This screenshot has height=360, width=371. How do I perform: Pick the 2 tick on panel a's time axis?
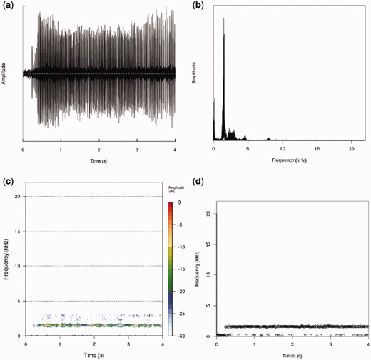(99, 150)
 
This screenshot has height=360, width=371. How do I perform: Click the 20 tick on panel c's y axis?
(19, 197)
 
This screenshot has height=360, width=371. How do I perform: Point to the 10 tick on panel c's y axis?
(19, 266)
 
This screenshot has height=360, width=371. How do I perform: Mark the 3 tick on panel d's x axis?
(330, 344)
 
